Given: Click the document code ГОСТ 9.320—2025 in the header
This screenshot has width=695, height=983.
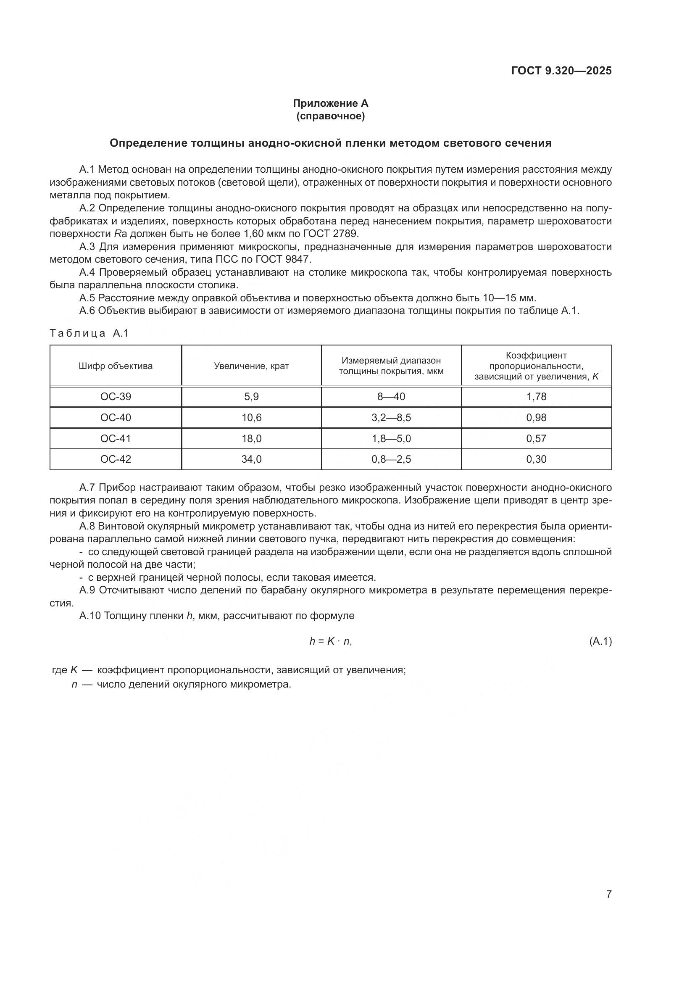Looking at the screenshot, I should coord(561,71).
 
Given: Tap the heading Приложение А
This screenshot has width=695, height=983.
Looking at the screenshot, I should coord(330,103).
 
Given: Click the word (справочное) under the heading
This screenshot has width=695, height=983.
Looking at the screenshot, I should coord(330,116).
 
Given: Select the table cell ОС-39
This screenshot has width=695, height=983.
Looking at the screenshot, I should coord(116,396).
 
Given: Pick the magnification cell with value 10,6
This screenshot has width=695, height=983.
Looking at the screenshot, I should coord(251,417).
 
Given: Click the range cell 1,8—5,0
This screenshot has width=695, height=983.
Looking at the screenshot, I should coord(391,438).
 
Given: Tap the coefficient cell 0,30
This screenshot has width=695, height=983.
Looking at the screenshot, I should coord(536,459).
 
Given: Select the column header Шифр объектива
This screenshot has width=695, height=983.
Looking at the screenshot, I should coord(116,366).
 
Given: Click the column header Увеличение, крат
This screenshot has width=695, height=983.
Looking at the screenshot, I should coord(251,366).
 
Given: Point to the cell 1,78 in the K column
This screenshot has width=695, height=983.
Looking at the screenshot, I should coord(536,396).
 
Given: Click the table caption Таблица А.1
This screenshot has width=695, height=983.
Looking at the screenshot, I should coord(89,334).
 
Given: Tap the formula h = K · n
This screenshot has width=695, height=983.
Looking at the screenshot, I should coord(330,641).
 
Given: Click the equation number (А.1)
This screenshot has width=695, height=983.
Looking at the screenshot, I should coord(600,641).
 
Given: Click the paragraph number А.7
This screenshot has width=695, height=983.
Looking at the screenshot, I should coord(89,488).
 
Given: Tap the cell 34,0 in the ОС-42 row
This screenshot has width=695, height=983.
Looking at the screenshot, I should coord(251,459).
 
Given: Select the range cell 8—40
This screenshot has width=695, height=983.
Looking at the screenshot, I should coord(391,396).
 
